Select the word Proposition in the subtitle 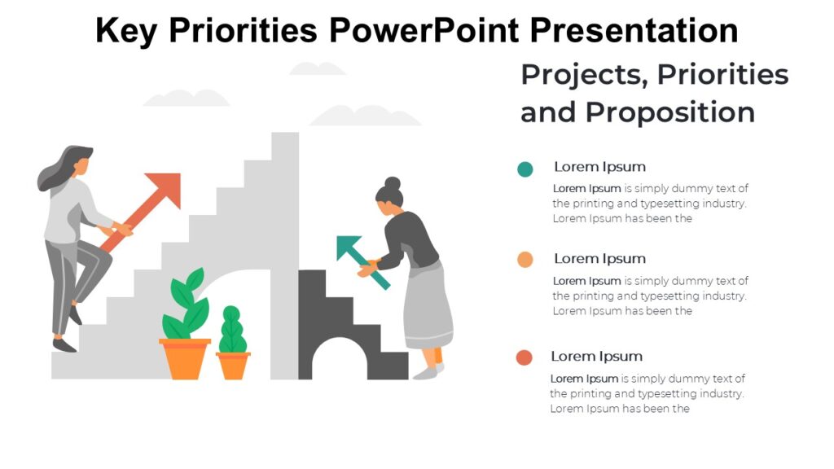(x=669, y=112)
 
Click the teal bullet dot (x=525, y=169)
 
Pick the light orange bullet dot (x=525, y=260)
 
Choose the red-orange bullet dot (x=525, y=357)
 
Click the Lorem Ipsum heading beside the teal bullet (x=599, y=167)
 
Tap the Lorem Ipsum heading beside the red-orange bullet (x=596, y=357)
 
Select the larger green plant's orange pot (x=185, y=357)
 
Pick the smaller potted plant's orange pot (x=233, y=365)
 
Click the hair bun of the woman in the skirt (x=393, y=182)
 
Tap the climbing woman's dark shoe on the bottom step (x=64, y=345)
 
